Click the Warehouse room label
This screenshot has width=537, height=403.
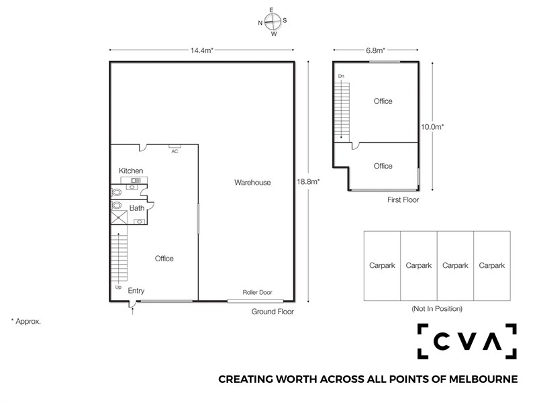(x=252, y=183)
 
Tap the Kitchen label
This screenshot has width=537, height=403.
(x=131, y=171)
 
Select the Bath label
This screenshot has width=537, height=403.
(x=137, y=208)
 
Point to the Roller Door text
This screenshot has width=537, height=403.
(x=257, y=292)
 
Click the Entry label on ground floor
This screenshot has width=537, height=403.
(x=136, y=291)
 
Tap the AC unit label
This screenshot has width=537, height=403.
(x=175, y=151)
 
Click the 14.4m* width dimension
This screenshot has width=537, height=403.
(x=202, y=50)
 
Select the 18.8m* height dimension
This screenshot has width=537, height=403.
(x=308, y=181)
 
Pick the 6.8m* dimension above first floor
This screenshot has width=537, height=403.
(x=375, y=50)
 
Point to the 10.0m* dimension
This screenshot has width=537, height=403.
(x=432, y=127)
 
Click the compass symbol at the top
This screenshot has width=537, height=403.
(x=273, y=21)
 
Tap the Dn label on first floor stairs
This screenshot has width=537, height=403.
(x=341, y=76)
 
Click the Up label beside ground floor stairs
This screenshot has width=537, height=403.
(x=118, y=287)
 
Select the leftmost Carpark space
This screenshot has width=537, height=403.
(x=382, y=266)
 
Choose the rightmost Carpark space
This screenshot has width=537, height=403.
(x=492, y=266)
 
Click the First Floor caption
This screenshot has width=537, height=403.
(x=403, y=199)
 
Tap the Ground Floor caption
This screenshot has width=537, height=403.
(x=273, y=312)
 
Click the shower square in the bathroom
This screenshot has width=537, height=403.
(x=119, y=218)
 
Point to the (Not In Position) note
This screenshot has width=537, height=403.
(x=437, y=309)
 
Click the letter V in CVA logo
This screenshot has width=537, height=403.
(x=467, y=341)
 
